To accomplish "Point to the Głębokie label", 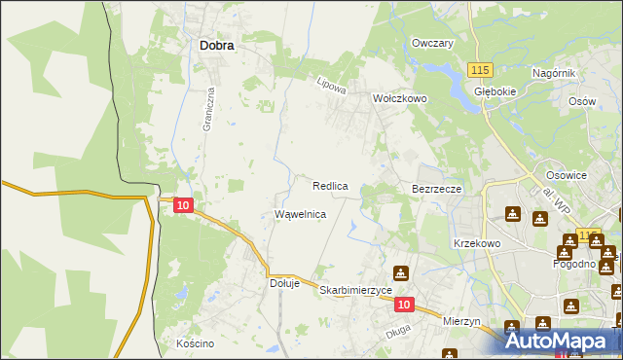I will pos(494,91).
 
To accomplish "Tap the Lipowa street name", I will pos(332,86).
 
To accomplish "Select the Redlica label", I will pos(331,185).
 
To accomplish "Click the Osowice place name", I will pos(566,175).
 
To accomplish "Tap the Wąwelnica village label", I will pos(300,213).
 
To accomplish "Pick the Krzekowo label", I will pos(476,243).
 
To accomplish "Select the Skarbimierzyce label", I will pos(355,290).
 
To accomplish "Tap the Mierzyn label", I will pos(462,319).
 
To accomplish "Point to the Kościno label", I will pos(195,343).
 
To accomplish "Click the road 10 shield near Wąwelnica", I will pos(184,204).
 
